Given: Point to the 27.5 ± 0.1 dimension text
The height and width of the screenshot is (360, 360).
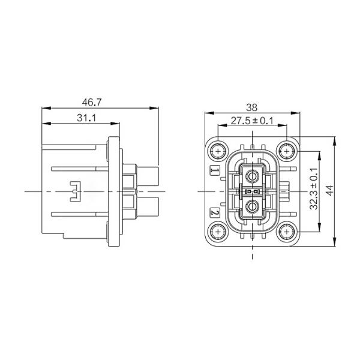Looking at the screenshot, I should [252, 121].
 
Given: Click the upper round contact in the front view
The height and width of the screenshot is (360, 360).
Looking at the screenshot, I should [253, 176].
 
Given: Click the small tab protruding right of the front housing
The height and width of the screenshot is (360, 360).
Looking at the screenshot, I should [287, 191].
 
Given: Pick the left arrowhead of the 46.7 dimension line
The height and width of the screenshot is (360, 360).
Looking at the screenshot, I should [44, 109].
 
